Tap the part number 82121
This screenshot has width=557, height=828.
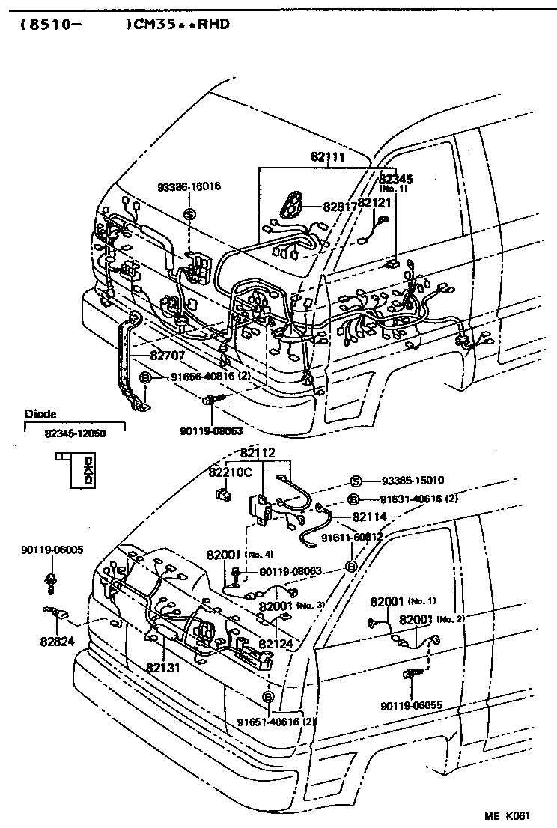coord(374,203)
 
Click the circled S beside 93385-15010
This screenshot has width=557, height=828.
coord(356,481)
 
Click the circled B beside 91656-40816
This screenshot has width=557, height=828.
coord(145,379)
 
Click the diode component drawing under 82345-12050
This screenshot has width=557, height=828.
coord(82,470)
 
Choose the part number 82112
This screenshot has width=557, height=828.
coord(258,453)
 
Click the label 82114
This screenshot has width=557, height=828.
coord(370,517)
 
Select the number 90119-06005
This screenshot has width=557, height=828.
coord(52,550)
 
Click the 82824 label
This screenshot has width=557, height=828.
coord(58,641)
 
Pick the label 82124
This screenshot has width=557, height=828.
coord(276,643)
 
